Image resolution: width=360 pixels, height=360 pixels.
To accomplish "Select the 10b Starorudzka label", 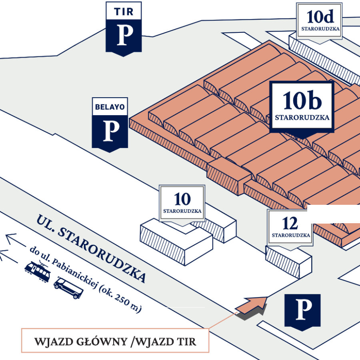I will pyautogui.click(x=302, y=106).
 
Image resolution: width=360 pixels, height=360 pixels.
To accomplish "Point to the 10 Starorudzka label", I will pyautogui.click(x=182, y=203).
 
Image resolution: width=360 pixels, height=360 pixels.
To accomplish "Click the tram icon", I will pyautogui.click(x=38, y=270).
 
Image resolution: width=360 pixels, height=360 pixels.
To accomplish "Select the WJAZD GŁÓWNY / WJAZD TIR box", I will pyautogui.click(x=115, y=341).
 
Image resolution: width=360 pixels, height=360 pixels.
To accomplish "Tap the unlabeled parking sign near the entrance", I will pyautogui.click(x=302, y=311).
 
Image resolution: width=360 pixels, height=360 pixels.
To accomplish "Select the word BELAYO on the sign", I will pyautogui.click(x=110, y=107).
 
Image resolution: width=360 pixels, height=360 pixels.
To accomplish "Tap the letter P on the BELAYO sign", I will pyautogui.click(x=110, y=130).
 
